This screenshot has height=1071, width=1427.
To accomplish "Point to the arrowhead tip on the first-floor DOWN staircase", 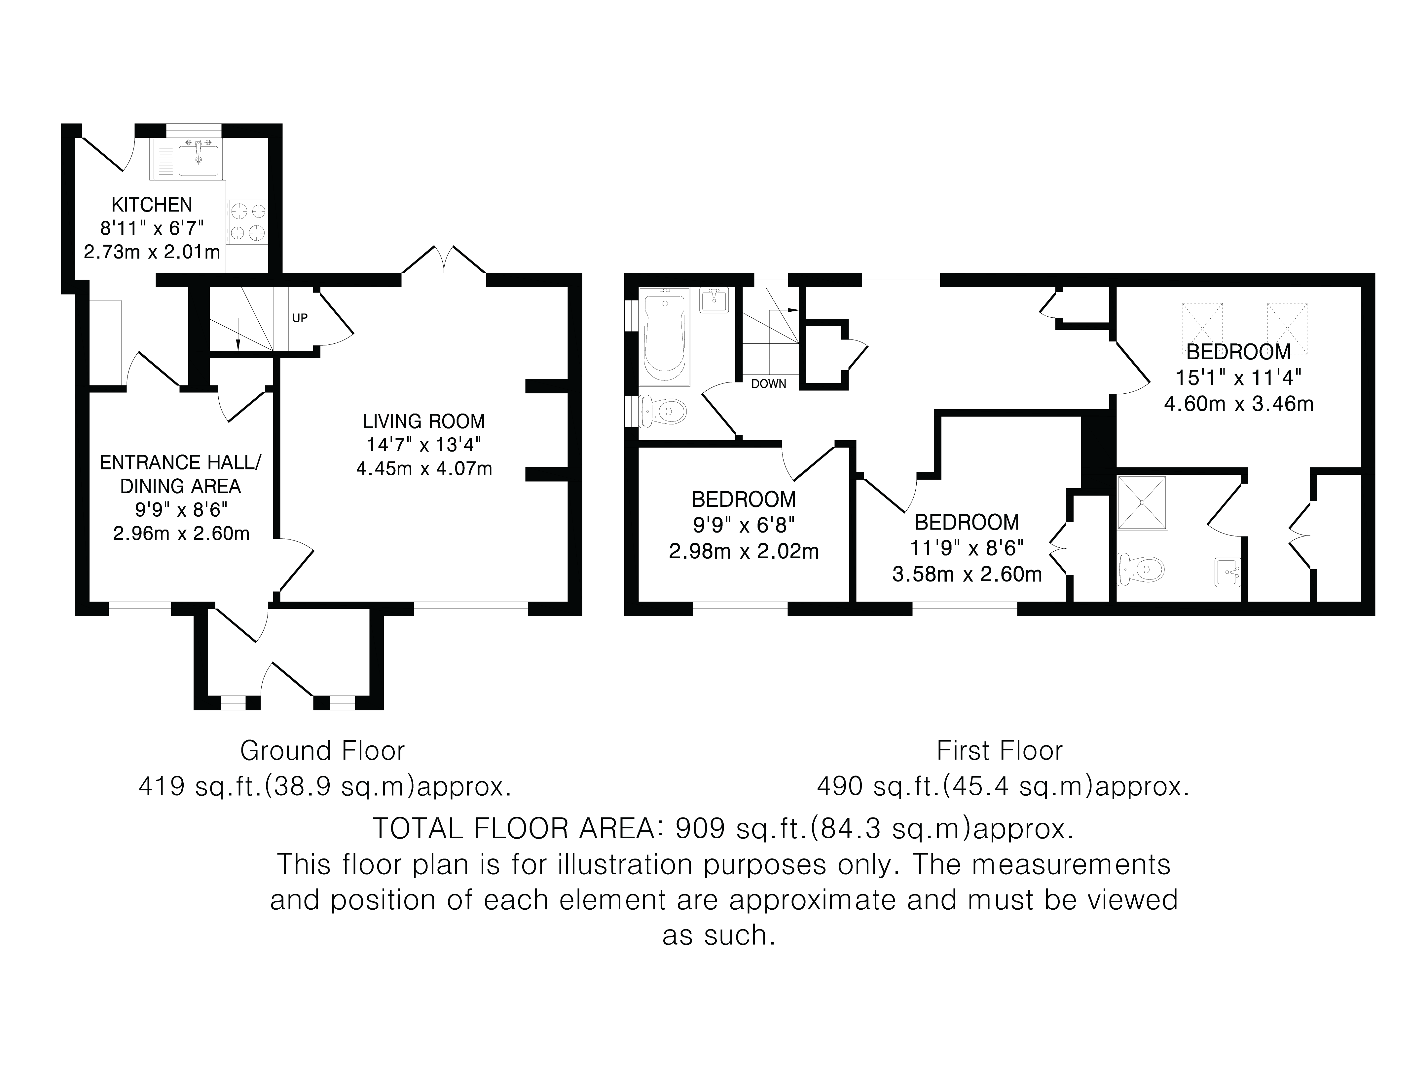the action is point(799,310).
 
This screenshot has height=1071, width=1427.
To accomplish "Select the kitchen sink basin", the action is point(199,161).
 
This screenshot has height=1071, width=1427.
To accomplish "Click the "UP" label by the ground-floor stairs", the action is point(300,318).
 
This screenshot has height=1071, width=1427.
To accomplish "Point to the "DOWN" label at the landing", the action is point(769,384).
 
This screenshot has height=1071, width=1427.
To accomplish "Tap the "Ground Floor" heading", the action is point(322,751).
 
